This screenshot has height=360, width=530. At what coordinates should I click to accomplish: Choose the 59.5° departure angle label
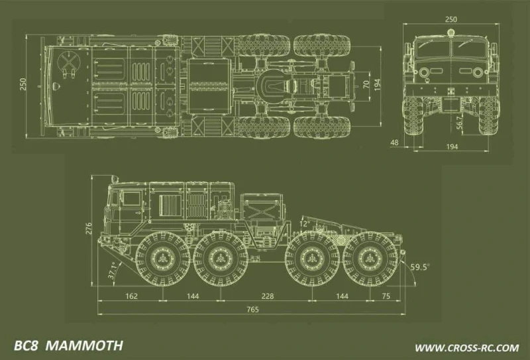click(x=419, y=267)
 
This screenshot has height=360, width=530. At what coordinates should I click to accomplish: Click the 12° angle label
click(x=304, y=225)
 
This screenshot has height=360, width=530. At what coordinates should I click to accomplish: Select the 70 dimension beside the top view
click(x=366, y=85)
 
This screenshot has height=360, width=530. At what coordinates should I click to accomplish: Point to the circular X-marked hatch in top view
click(x=69, y=63)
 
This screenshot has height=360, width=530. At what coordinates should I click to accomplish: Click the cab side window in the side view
click(x=130, y=198)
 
